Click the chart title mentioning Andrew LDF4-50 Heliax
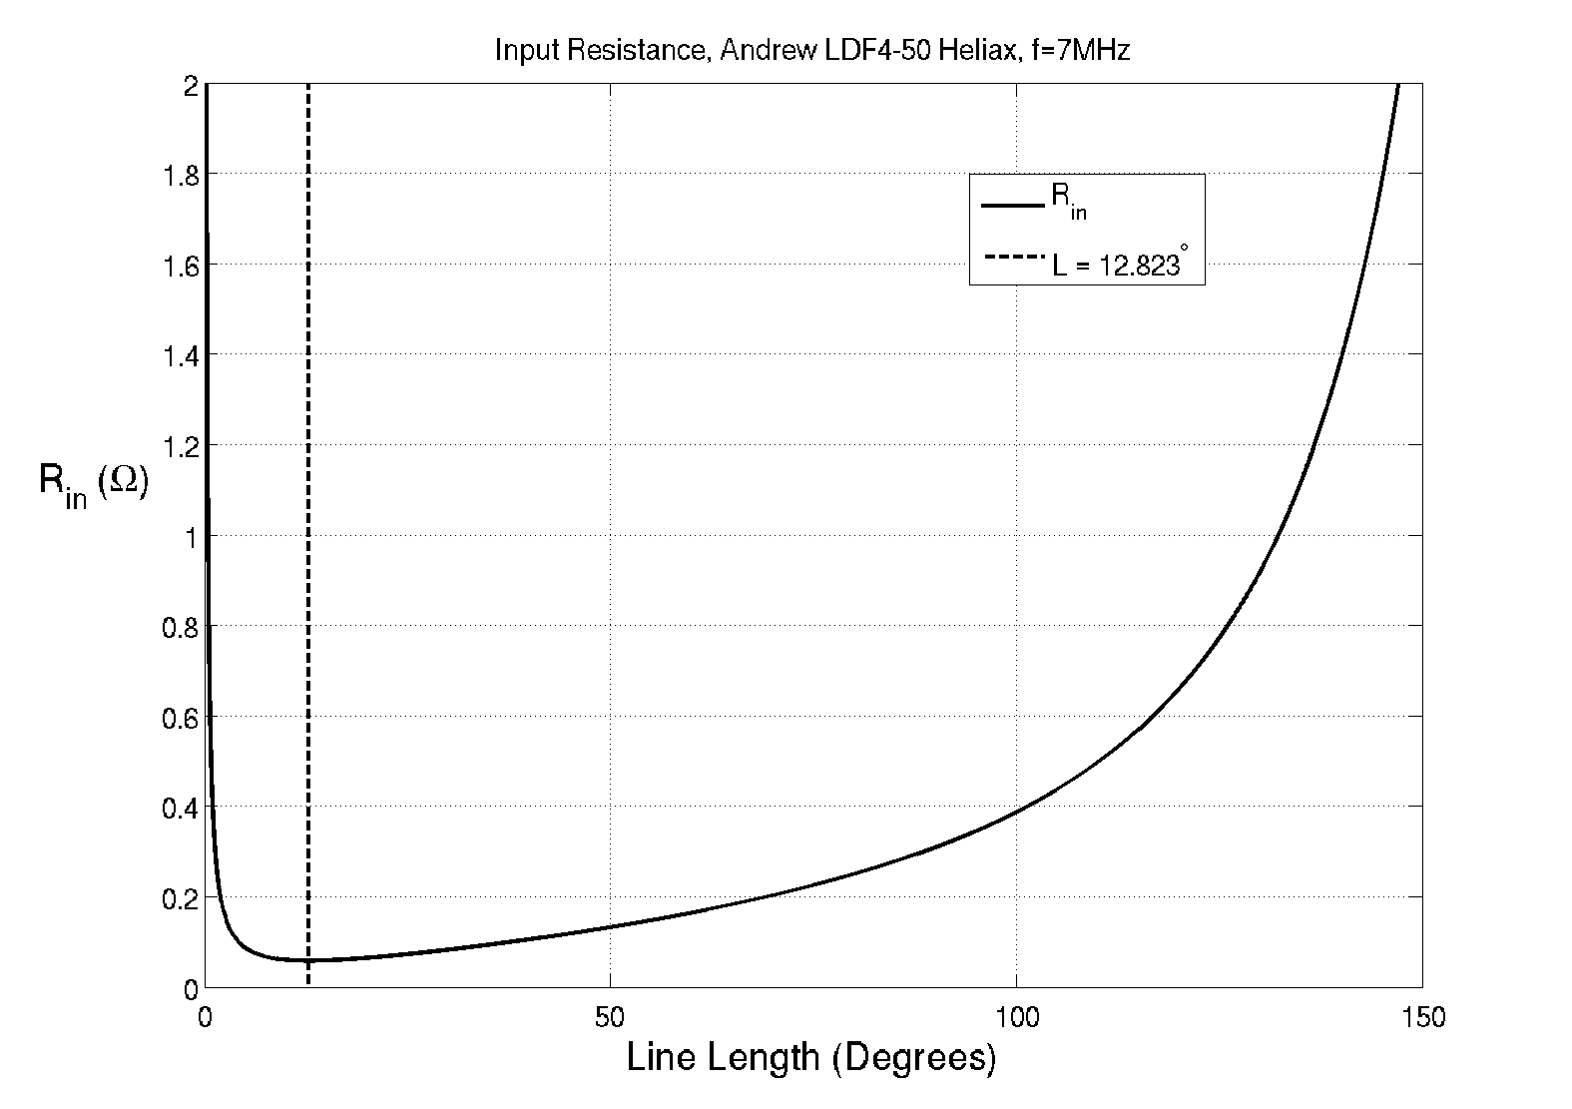tap(811, 51)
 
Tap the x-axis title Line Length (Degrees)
tap(811, 1057)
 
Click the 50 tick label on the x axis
tap(610, 1017)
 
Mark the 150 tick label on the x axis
tap(1421, 1017)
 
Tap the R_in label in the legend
tap(1068, 202)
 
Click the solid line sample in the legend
tap(1013, 207)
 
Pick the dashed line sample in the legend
tap(1013, 260)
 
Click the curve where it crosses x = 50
tap(610, 926)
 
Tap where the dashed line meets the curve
tap(307, 960)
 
